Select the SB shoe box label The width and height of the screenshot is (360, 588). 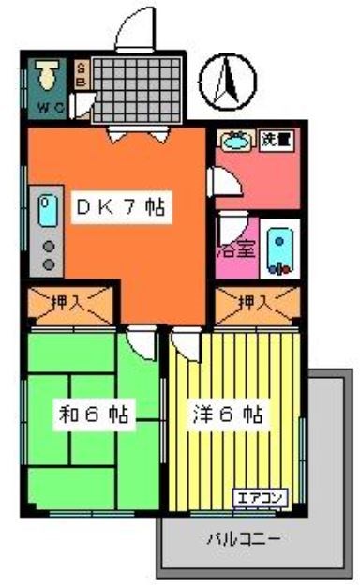point(81,73)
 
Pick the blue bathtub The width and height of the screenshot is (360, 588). point(279,248)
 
